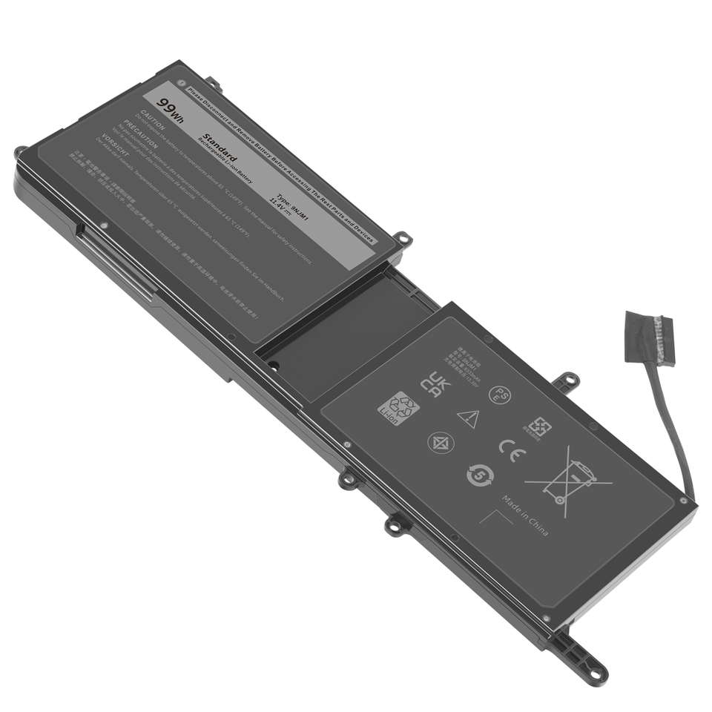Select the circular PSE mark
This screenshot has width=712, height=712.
tap(499, 395)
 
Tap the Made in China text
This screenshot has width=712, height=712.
tap(525, 515)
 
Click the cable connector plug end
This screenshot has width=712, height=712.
tap(650, 339)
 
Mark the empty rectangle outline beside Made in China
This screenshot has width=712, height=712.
tap(495, 525)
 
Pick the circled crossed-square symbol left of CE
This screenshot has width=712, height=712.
tap(440, 443)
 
